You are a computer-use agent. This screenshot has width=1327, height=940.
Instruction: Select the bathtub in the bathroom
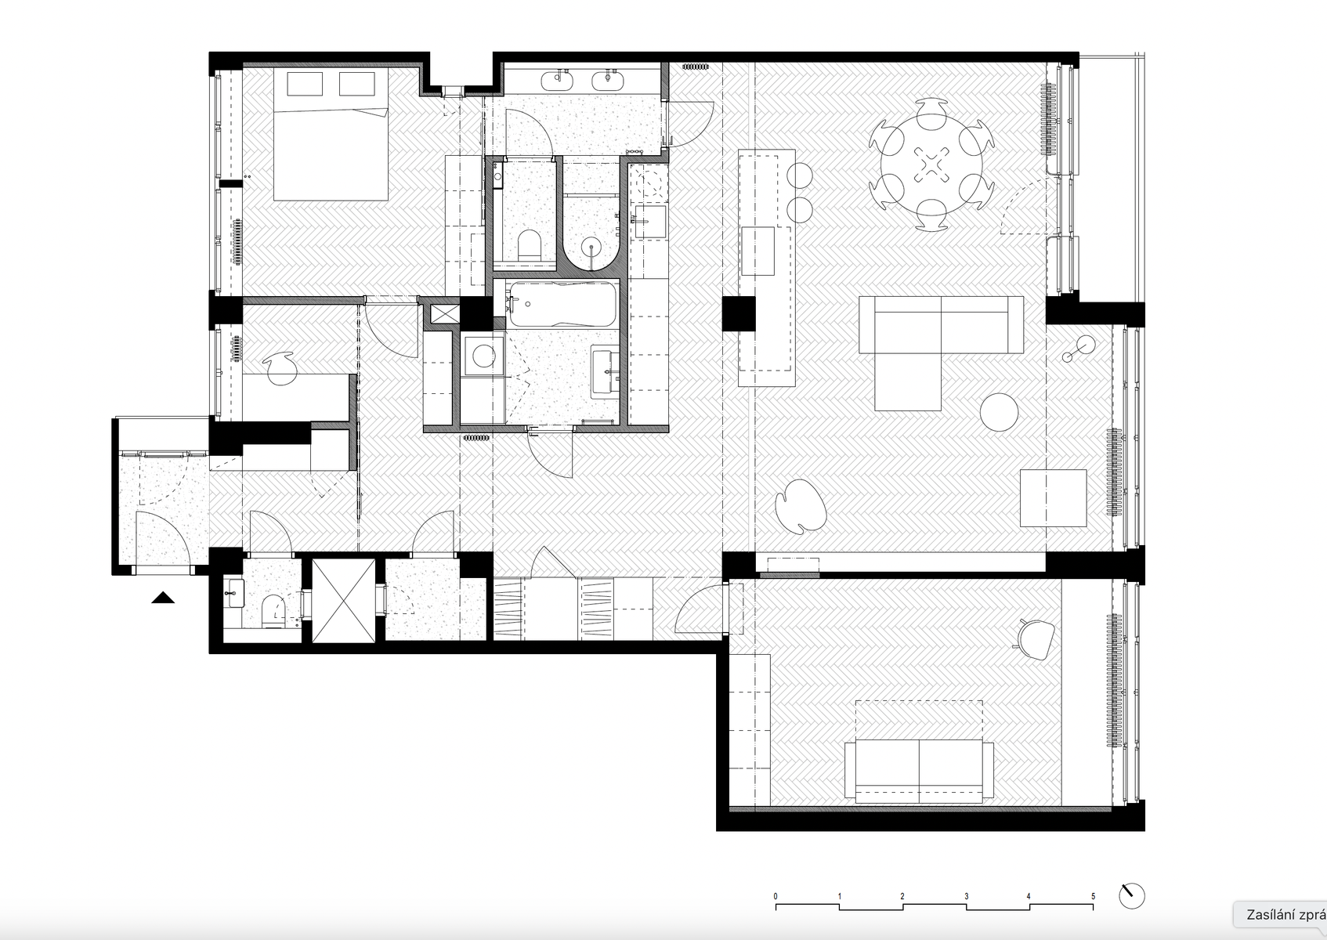coord(562,305)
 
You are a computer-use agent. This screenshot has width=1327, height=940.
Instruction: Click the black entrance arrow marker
coord(163,598)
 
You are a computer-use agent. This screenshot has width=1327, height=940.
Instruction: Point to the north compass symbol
coord(1131,896)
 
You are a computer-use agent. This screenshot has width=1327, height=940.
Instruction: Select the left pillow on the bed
coord(305,84)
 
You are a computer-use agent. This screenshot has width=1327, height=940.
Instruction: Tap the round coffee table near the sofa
coord(999,412)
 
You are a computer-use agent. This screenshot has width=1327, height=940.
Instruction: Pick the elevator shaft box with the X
coord(344,601)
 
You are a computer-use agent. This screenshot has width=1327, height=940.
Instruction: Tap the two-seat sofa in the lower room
coord(919,771)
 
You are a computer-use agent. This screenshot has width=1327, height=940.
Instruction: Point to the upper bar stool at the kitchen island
coord(800,175)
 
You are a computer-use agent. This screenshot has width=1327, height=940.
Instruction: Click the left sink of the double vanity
coord(558,80)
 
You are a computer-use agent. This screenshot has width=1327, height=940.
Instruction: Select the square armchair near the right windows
coord(1054,498)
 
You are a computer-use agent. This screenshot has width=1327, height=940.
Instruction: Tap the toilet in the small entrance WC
coord(273,609)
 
